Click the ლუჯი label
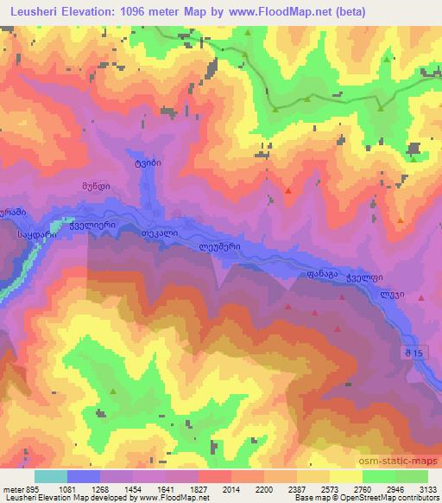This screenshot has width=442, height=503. pyautogui.click(x=393, y=292)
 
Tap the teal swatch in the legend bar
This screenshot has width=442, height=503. pyautogui.click(x=51, y=476)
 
